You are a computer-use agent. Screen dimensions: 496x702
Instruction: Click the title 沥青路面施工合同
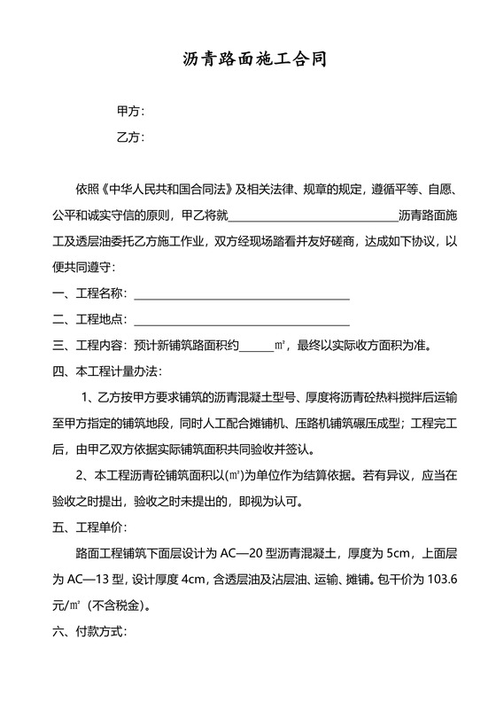click(x=247, y=60)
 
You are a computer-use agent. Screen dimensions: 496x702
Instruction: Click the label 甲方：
click(x=130, y=113)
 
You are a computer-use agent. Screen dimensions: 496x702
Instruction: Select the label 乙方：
click(x=130, y=138)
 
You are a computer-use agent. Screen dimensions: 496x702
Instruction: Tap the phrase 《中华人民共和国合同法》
click(x=168, y=190)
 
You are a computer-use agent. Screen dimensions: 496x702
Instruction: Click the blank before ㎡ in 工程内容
click(x=257, y=347)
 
